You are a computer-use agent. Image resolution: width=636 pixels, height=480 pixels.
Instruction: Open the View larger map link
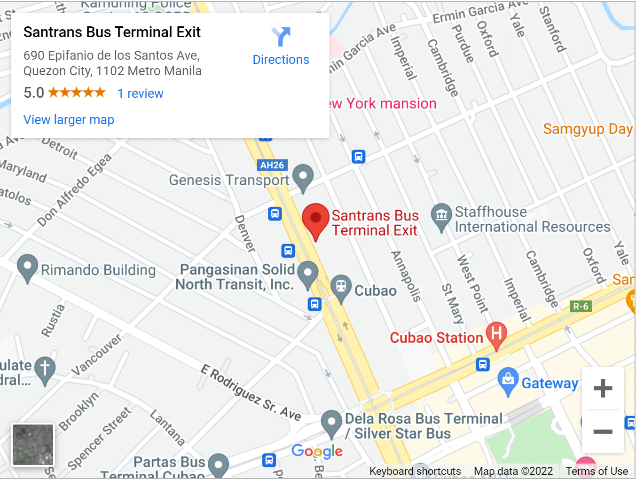pyautogui.click(x=69, y=120)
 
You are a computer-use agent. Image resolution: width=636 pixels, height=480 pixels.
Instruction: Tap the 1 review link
pyautogui.click(x=140, y=94)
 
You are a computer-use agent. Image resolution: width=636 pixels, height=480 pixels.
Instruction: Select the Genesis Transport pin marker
pyautogui.click(x=303, y=178)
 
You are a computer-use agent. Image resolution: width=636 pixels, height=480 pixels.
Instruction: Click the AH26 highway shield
pyautogui.click(x=272, y=165)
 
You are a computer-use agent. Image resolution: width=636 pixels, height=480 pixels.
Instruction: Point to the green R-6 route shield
pyautogui.click(x=581, y=307)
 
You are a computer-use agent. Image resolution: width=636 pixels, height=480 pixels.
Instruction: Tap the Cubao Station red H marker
pyautogui.click(x=496, y=334)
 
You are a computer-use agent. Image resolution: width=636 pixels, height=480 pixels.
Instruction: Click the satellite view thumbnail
pyautogui.click(x=33, y=444)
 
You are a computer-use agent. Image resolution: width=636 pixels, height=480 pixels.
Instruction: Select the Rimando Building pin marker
pyautogui.click(x=27, y=267)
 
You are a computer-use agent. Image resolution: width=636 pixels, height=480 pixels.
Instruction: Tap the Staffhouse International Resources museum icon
pyautogui.click(x=441, y=216)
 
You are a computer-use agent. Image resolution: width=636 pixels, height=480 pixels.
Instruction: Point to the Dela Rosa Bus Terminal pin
pyautogui.click(x=331, y=423)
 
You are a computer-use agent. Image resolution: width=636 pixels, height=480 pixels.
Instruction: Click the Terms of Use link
pyautogui.click(x=597, y=471)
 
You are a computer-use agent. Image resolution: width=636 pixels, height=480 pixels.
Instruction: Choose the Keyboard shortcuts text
pyautogui.click(x=415, y=471)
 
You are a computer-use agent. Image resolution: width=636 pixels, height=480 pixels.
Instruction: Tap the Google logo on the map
pyautogui.click(x=317, y=451)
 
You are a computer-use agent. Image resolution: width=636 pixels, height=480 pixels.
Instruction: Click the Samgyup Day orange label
pyautogui.click(x=588, y=129)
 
